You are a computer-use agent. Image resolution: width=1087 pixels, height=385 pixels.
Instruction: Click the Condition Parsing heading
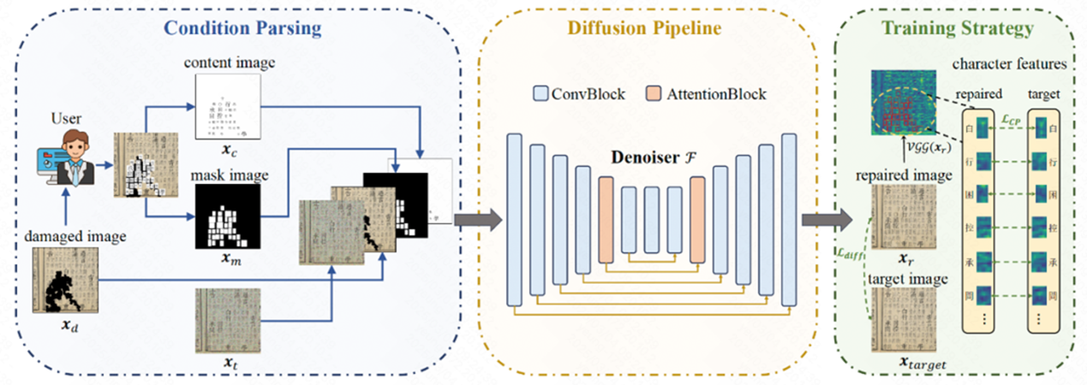(242, 27)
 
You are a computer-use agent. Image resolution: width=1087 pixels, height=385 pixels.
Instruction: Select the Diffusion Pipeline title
(658, 27)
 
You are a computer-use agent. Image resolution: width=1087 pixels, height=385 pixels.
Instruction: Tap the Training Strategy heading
(957, 27)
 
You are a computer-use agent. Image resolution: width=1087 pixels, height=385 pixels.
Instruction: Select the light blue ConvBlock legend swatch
(540, 93)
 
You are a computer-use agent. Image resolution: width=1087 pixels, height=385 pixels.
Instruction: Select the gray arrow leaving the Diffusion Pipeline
(821, 221)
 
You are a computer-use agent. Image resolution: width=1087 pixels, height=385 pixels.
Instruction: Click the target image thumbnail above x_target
(901, 322)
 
